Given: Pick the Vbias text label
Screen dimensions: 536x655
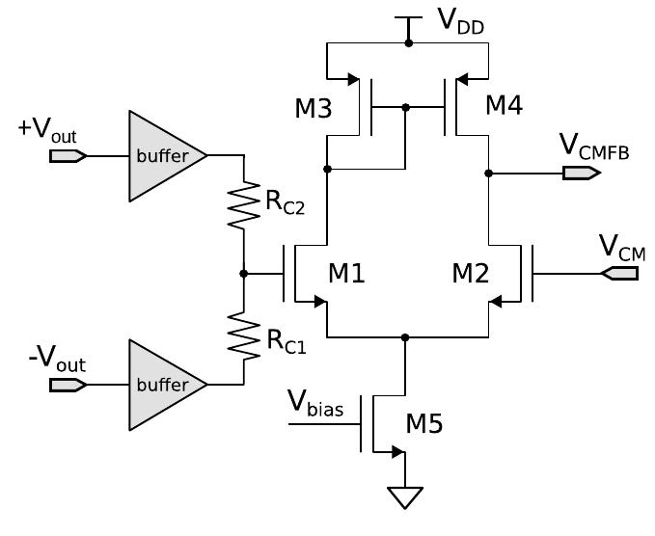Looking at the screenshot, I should tap(315, 402).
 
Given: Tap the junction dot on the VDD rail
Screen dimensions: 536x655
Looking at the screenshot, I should tap(408, 43).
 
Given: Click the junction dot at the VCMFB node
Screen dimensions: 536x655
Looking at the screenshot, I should tap(489, 174).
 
